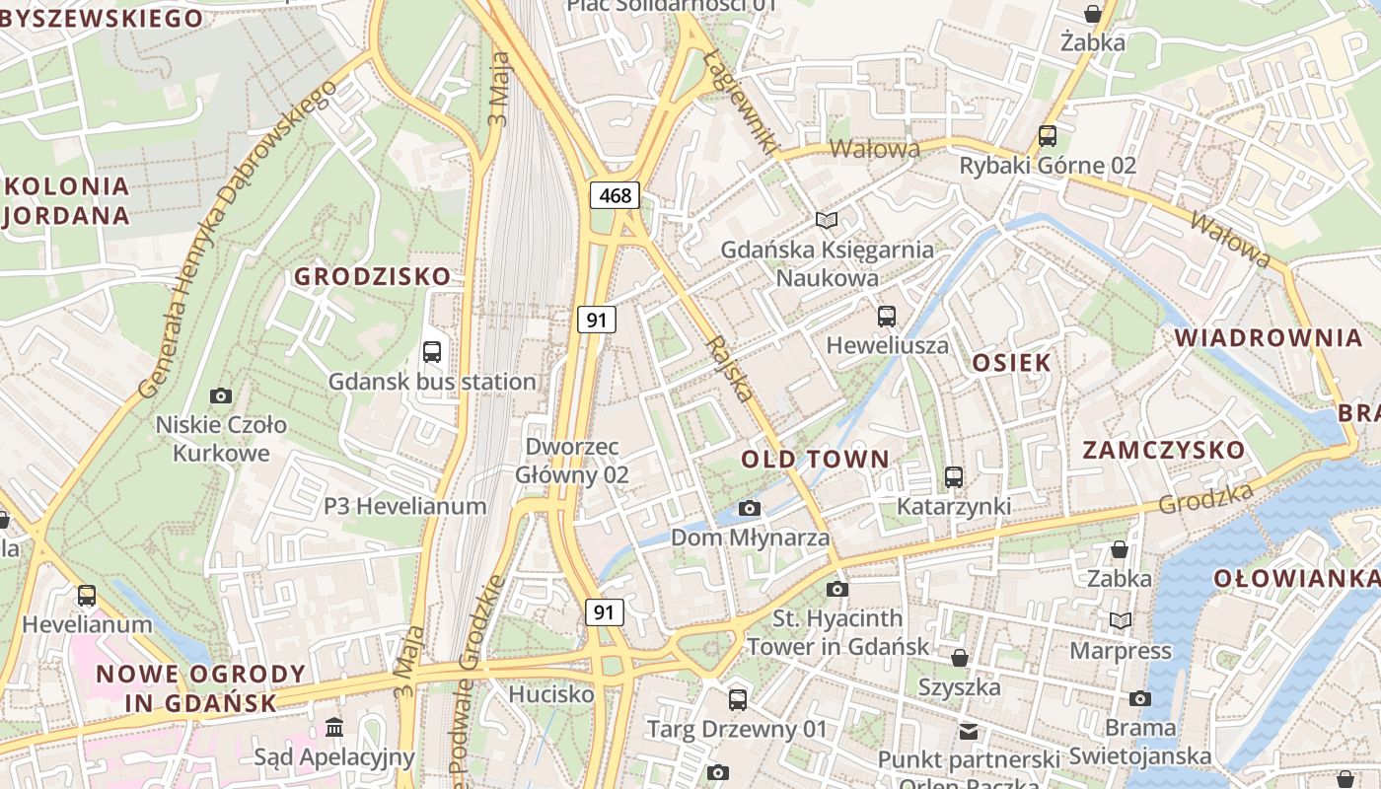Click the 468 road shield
[x=615, y=195]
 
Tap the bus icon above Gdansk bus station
[x=431, y=352]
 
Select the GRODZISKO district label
[x=372, y=276]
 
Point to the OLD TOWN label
[x=815, y=459]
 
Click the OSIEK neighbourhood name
[x=1012, y=362]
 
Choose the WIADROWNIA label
[x=1268, y=338]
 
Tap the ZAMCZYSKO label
[x=1164, y=450]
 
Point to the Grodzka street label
[x=1205, y=498]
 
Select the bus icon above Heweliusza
[x=887, y=317]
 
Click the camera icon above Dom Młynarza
[x=750, y=508]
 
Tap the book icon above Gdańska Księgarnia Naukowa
[x=827, y=220]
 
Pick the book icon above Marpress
[x=1121, y=620]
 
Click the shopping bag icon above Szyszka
[x=959, y=658]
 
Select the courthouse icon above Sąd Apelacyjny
[x=333, y=728]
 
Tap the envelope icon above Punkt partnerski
[x=969, y=731]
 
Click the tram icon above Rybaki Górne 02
[x=1048, y=136]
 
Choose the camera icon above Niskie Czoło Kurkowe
[x=221, y=395]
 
